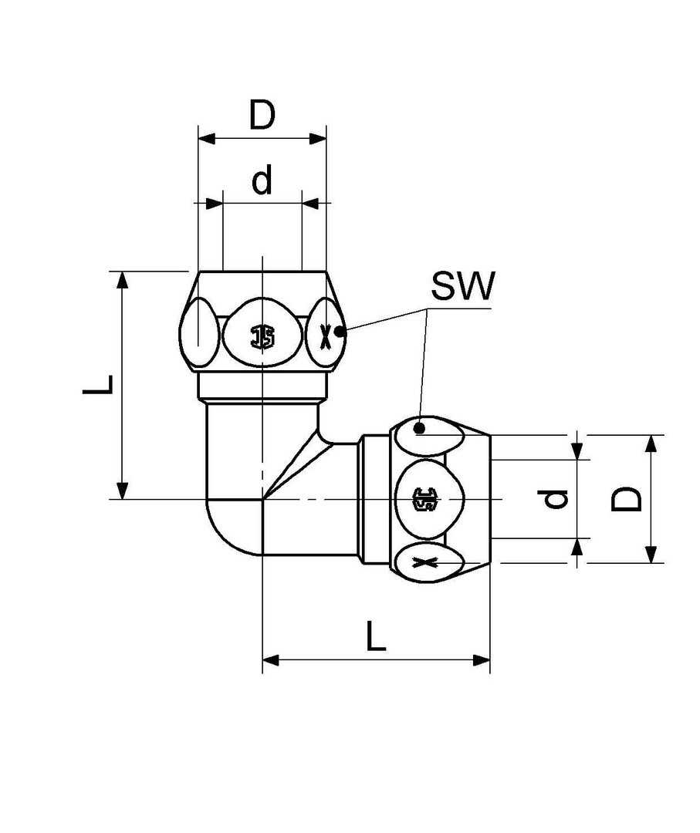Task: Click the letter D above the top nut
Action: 262,116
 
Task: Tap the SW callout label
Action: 462,288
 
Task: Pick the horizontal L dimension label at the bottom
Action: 376,637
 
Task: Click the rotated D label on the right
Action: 627,498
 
